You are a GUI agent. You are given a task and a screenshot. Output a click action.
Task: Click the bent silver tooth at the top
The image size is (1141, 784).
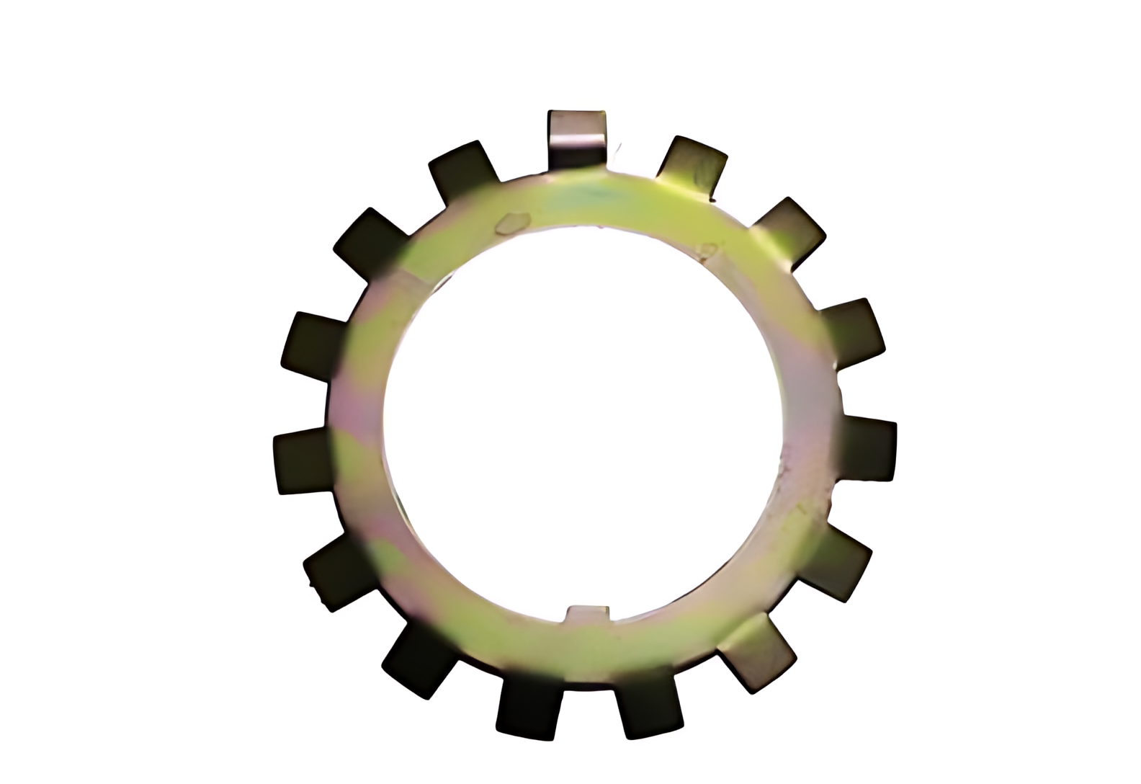click(576, 137)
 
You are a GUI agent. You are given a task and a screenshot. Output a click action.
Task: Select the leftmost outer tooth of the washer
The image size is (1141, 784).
click(303, 461)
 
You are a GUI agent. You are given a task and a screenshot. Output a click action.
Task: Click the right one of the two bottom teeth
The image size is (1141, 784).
click(648, 703)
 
